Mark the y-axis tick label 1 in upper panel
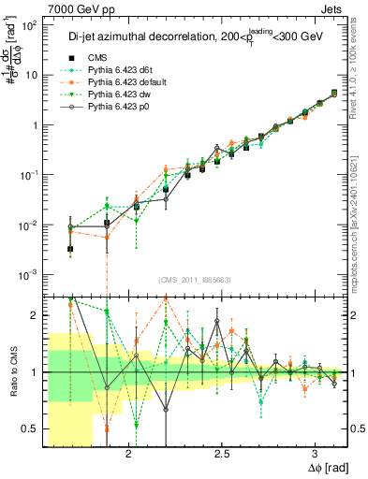[x=33, y=125]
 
